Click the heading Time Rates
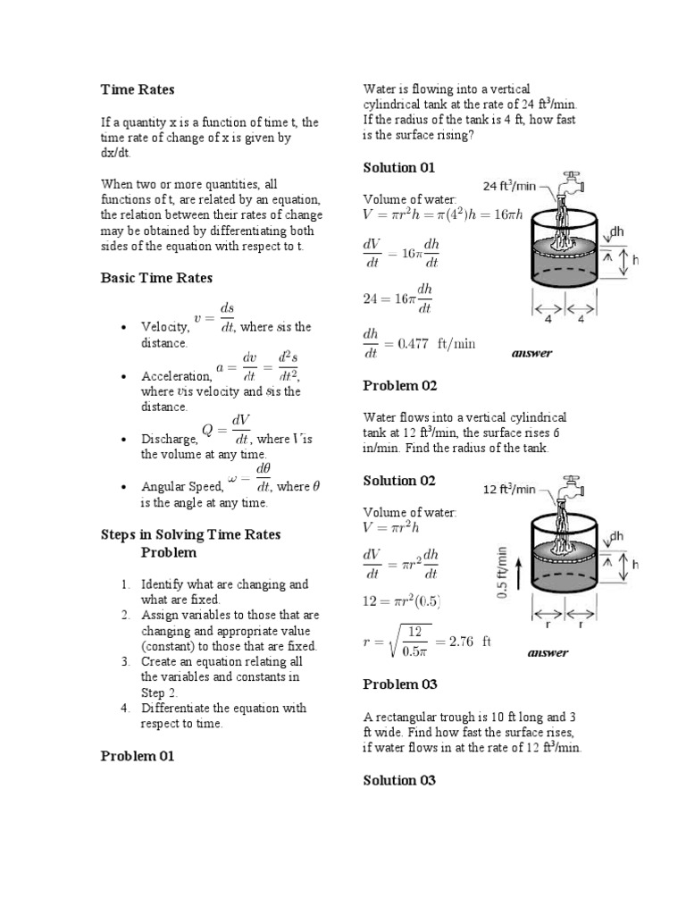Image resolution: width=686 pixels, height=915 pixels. pyautogui.click(x=137, y=89)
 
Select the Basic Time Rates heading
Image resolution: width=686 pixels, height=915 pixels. pyautogui.click(x=156, y=278)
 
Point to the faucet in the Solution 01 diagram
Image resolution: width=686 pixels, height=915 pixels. pyautogui.click(x=566, y=185)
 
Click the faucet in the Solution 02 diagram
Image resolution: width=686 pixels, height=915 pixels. pyautogui.click(x=566, y=490)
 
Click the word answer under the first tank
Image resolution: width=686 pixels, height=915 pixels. pyautogui.click(x=532, y=353)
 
